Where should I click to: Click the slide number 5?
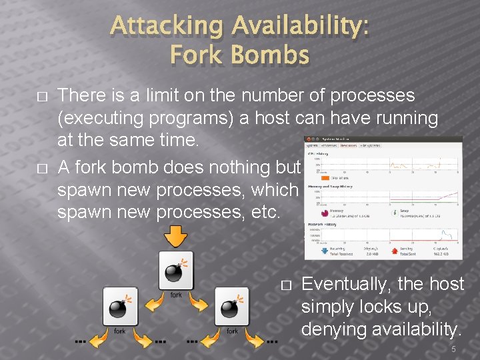click(x=453, y=349)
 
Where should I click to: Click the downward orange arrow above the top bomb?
click(x=176, y=235)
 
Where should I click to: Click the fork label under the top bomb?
click(x=176, y=294)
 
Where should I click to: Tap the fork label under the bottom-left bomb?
click(x=120, y=330)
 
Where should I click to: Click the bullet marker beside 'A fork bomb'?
click(x=43, y=167)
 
